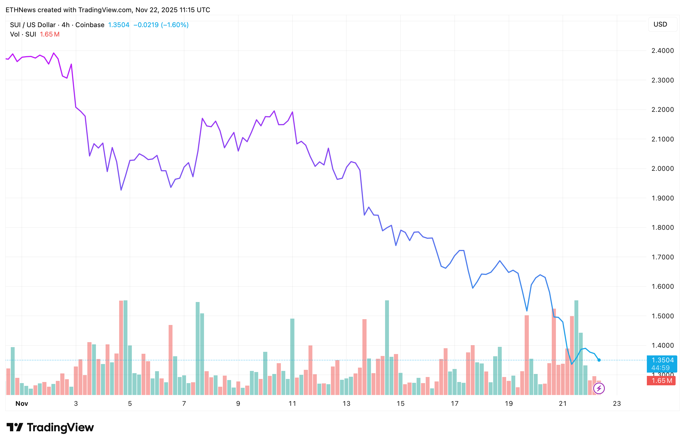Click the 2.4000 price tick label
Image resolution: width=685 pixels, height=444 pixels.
(x=663, y=51)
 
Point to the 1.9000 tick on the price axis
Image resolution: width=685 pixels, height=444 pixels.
(x=663, y=198)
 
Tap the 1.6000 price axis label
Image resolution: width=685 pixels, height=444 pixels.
(x=663, y=286)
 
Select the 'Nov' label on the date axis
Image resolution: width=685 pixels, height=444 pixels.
(x=22, y=404)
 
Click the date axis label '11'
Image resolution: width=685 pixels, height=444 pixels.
(x=292, y=404)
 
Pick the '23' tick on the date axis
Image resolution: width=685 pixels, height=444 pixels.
(x=617, y=404)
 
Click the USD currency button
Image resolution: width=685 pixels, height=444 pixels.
(x=660, y=24)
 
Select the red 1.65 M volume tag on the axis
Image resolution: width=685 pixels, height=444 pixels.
(x=661, y=381)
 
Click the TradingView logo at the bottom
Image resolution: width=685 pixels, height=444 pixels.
(x=50, y=427)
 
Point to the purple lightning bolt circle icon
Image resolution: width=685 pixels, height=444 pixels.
(x=599, y=388)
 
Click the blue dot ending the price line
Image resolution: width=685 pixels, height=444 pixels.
(x=599, y=360)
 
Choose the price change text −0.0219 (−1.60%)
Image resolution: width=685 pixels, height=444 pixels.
(x=161, y=25)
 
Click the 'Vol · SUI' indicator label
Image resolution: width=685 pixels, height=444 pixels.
(x=23, y=35)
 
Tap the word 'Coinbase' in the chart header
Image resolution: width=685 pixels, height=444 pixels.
(x=90, y=25)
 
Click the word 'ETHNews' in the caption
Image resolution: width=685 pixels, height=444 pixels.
(x=20, y=10)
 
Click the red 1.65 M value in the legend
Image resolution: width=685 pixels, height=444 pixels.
(x=49, y=35)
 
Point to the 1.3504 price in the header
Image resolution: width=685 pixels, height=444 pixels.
(x=119, y=25)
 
